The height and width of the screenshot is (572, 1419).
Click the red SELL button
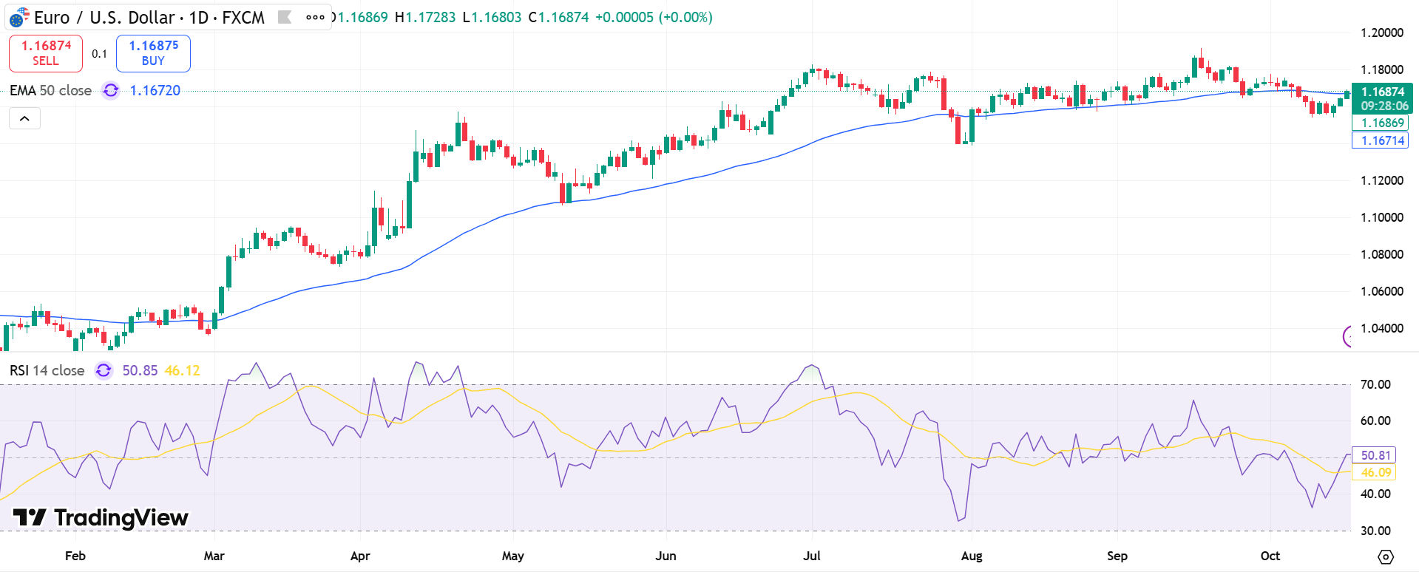[45, 53]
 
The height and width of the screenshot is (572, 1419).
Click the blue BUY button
[153, 53]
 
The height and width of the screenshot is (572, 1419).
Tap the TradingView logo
[101, 517]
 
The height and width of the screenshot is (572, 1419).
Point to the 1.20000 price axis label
[1381, 33]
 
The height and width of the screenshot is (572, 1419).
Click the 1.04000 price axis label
[1381, 328]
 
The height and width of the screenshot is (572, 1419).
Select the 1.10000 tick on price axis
[1381, 217]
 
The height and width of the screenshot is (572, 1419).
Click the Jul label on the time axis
[811, 556]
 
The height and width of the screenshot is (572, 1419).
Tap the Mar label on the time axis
[214, 556]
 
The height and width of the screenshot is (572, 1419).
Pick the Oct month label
[1270, 556]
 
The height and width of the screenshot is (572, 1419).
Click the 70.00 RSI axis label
[1375, 384]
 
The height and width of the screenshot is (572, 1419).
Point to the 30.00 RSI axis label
[1375, 531]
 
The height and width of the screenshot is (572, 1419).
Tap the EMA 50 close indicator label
[50, 90]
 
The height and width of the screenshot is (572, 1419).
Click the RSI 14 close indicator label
[47, 370]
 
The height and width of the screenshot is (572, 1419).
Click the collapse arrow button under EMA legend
[24, 118]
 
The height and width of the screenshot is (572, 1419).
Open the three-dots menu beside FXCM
[315, 17]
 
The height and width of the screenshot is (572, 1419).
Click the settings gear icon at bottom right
[1386, 556]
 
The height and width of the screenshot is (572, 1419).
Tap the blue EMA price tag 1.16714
[1381, 140]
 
